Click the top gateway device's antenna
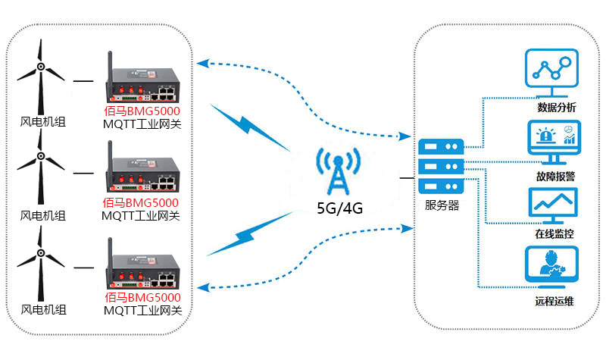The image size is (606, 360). click(108, 64)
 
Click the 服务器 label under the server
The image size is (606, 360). click(442, 205)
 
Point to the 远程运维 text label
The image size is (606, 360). click(554, 301)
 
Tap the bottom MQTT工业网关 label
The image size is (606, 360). click(142, 310)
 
